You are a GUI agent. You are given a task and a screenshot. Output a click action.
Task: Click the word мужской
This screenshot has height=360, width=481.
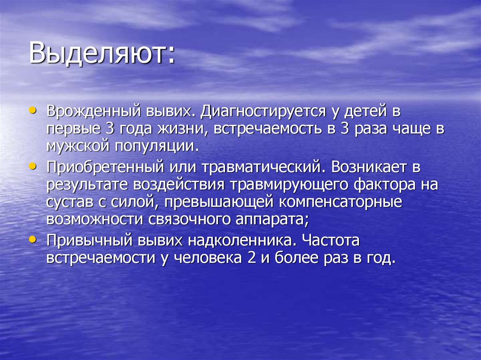click(x=77, y=145)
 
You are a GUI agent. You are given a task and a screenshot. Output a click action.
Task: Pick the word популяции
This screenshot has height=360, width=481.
click(x=155, y=145)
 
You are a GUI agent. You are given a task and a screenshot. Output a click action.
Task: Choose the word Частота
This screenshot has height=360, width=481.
click(x=331, y=240)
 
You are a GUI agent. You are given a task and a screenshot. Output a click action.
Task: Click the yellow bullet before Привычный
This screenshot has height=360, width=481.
click(x=32, y=239)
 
